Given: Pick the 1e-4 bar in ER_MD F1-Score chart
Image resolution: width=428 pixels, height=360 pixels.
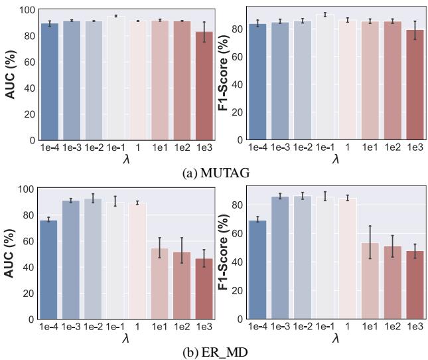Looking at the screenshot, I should pos(258,270).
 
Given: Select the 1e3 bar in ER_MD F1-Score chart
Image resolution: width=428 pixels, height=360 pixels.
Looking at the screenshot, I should pos(415,285).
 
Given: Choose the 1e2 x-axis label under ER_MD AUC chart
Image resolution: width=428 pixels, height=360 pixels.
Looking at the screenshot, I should pos(182,327).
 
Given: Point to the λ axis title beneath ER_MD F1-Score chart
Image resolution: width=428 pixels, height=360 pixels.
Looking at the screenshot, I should pos(336,338).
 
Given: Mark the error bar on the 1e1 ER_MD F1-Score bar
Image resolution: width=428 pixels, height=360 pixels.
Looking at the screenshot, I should pos(370,242).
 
